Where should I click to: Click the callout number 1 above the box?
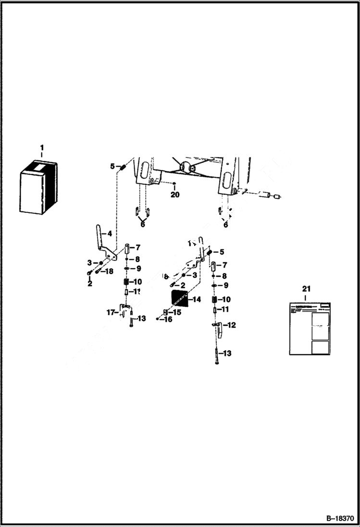[x=41, y=147]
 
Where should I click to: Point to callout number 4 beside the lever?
[x=110, y=234]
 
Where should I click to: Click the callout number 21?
[x=306, y=289]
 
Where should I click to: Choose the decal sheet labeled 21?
[x=310, y=329]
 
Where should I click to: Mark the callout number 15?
[x=177, y=312]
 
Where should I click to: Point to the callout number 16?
[x=168, y=319]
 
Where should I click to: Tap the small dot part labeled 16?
[x=158, y=319]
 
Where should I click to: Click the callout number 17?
[x=111, y=312]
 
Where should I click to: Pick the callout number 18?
[x=109, y=271]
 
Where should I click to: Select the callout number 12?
[x=232, y=325]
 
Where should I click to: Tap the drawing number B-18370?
[x=339, y=519]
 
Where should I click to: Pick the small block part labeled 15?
[x=165, y=312]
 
